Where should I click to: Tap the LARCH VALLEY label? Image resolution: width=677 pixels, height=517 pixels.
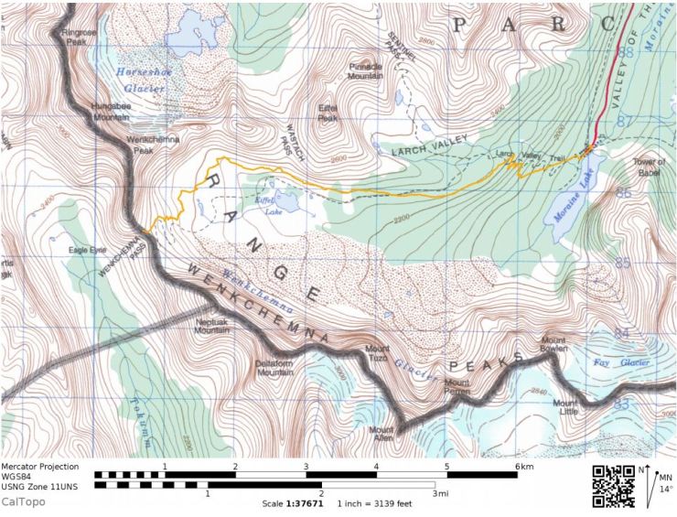(430, 145)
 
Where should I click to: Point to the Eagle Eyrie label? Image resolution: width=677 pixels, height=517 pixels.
(88, 249)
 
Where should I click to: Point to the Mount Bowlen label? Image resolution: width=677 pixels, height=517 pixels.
(554, 345)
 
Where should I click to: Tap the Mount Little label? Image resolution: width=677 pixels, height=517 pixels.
(565, 407)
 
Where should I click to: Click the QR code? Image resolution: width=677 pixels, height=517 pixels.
(614, 485)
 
